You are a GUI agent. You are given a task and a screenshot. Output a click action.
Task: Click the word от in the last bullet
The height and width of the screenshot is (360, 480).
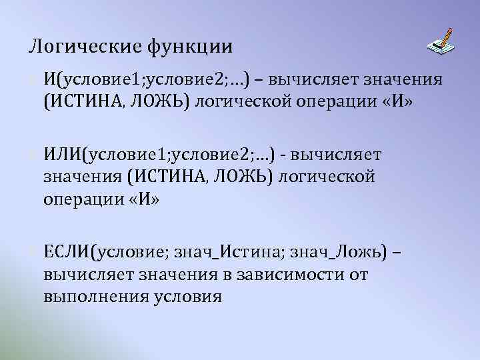[358, 273]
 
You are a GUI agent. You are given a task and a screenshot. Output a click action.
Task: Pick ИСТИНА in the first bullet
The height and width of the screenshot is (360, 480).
[89, 103]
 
